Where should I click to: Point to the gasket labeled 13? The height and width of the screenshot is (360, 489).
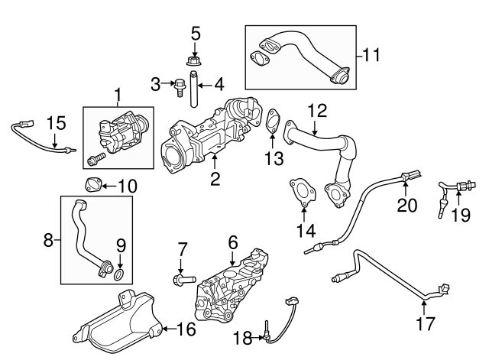pyautogui.click(x=270, y=122)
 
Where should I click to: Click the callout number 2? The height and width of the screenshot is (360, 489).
pyautogui.click(x=215, y=180)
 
